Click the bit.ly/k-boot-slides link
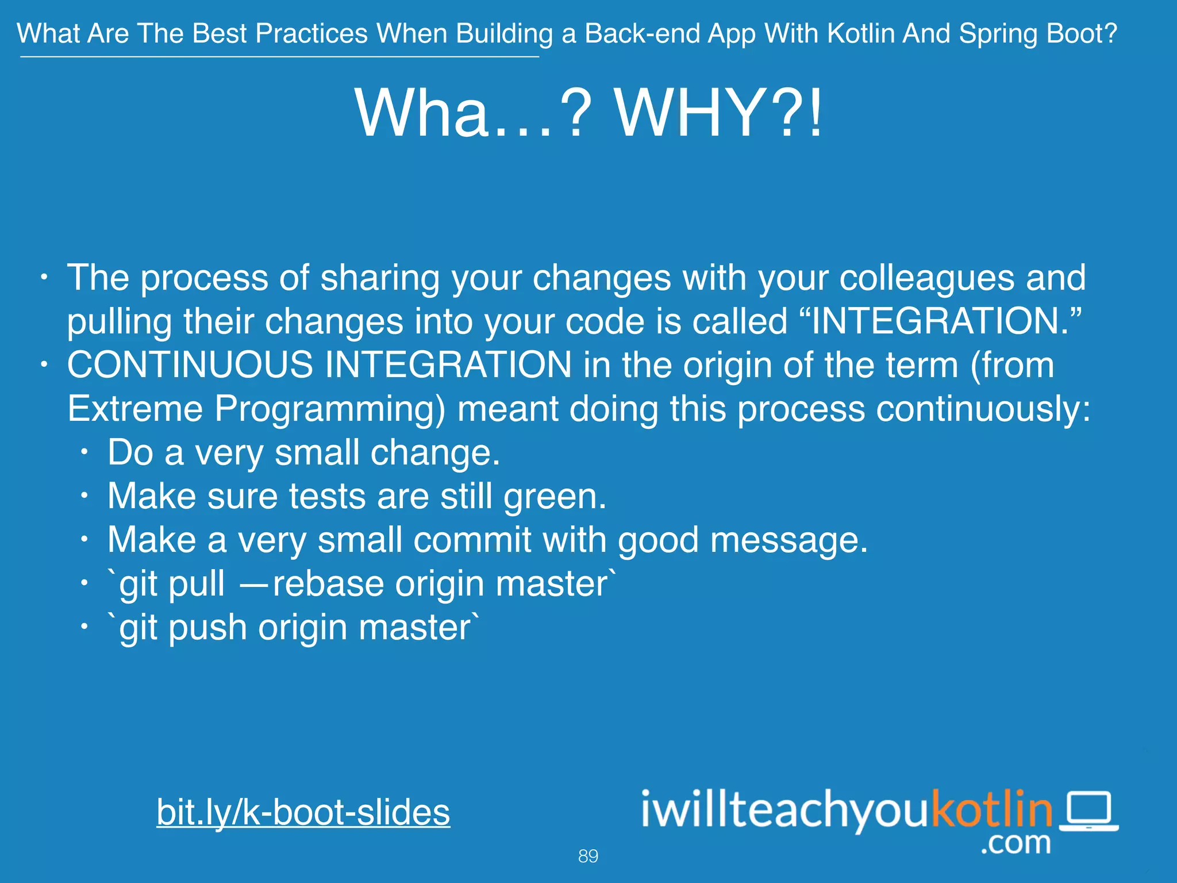(303, 812)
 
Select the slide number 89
(588, 856)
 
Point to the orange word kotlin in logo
(992, 809)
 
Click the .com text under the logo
(1016, 843)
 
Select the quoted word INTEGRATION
(939, 321)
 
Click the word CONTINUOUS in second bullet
(190, 364)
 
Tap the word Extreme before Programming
(135, 409)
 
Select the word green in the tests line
(555, 496)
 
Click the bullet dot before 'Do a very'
(84, 452)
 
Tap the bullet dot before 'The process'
(44, 278)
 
